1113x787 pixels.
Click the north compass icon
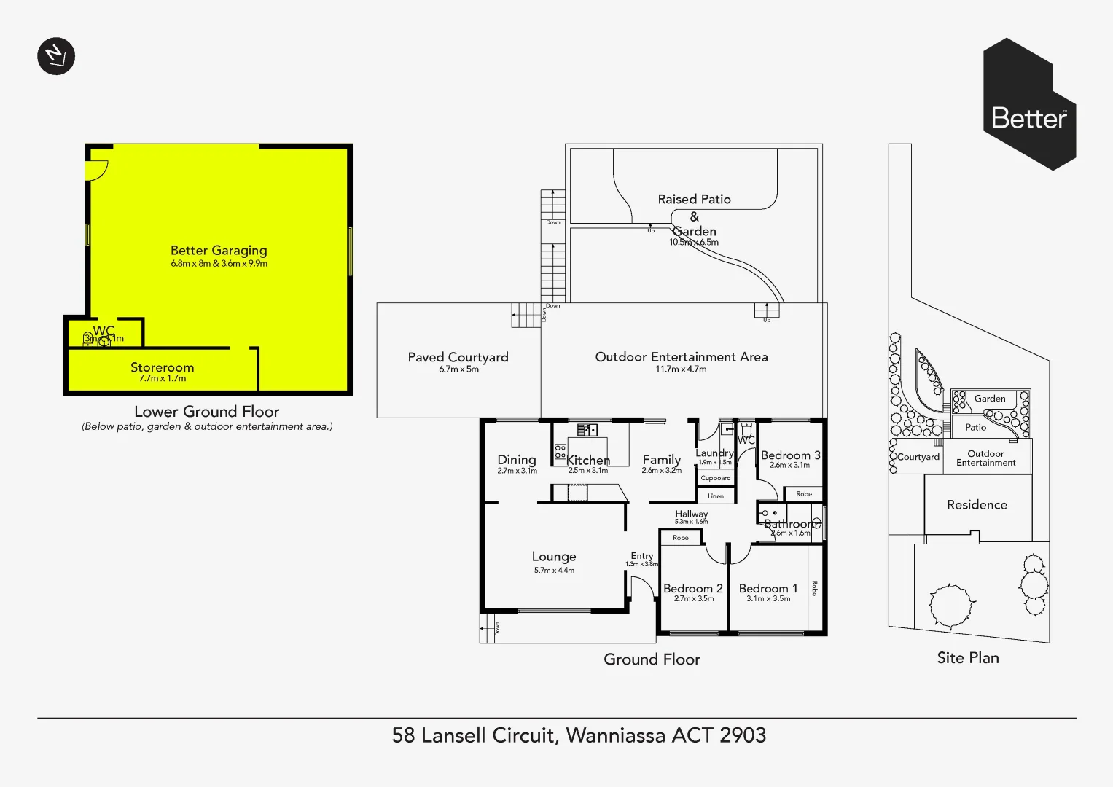[x=56, y=56]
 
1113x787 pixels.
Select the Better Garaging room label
[x=219, y=251]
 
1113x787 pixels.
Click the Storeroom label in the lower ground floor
[x=162, y=367]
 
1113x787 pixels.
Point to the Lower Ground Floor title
[x=206, y=412]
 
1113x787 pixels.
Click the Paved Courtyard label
[x=458, y=357]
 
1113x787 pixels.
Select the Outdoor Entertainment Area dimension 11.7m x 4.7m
[x=681, y=369]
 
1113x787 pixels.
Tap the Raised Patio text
[x=694, y=199]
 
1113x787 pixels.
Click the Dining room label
[x=517, y=460]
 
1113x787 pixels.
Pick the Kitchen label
[x=587, y=461]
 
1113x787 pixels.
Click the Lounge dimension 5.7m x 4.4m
[x=554, y=571]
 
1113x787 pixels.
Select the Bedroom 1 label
[x=768, y=588]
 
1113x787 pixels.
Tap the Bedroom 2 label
[x=693, y=588]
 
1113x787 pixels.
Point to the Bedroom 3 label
[x=790, y=455]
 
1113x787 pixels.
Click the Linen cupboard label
[x=716, y=496]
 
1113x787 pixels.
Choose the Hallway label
[x=691, y=514]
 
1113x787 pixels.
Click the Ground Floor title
[x=652, y=659]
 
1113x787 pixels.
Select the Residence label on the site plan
[x=977, y=505]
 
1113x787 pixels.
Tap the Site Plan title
[x=968, y=658]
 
